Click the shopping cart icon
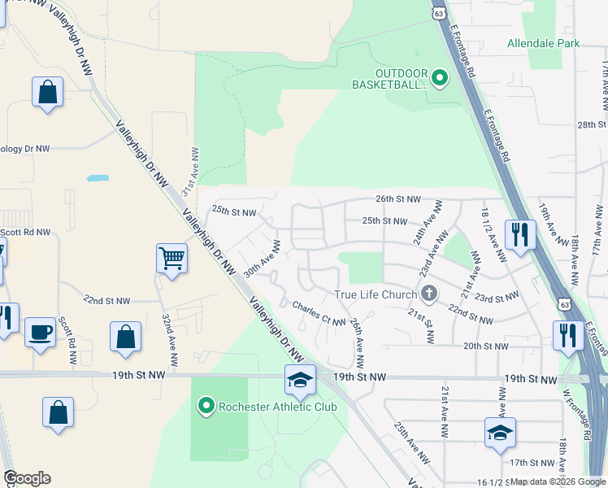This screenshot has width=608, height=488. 172,259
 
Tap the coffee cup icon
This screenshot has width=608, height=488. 40,332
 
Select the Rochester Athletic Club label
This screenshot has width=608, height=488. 266,405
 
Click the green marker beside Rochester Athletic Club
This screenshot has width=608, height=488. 206,405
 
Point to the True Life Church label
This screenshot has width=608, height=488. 375,294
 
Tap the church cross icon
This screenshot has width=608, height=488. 429,293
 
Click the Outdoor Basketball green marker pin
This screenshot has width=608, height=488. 440,79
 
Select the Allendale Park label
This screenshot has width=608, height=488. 544,43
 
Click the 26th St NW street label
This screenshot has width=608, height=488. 398,199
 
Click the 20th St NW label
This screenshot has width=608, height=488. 485,346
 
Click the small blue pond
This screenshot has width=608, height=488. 98,177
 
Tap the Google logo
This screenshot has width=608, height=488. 27,478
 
